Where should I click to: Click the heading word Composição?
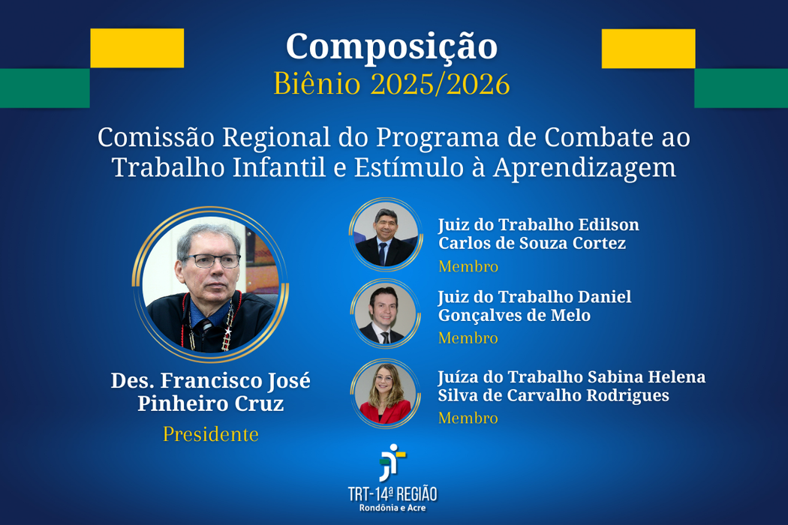pyautogui.click(x=391, y=47)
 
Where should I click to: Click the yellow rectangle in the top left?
pyautogui.click(x=137, y=48)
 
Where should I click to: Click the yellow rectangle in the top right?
pyautogui.click(x=648, y=48)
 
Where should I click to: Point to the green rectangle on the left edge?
pyautogui.click(x=44, y=88)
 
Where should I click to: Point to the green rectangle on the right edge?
pyautogui.click(x=741, y=88)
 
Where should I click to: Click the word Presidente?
pyautogui.click(x=211, y=434)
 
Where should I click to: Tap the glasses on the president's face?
pyautogui.click(x=212, y=261)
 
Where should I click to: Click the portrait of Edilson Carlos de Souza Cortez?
pyautogui.click(x=386, y=235)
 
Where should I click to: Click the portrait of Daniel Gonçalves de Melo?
pyautogui.click(x=386, y=313)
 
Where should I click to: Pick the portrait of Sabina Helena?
pyautogui.click(x=386, y=393)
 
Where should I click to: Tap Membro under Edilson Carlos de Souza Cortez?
pyautogui.click(x=468, y=266)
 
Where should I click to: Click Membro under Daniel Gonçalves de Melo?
pyautogui.click(x=468, y=338)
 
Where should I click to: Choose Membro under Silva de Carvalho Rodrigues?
pyautogui.click(x=468, y=418)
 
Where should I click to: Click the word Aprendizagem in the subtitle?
pyautogui.click(x=585, y=168)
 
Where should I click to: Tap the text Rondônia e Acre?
pyautogui.click(x=392, y=508)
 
